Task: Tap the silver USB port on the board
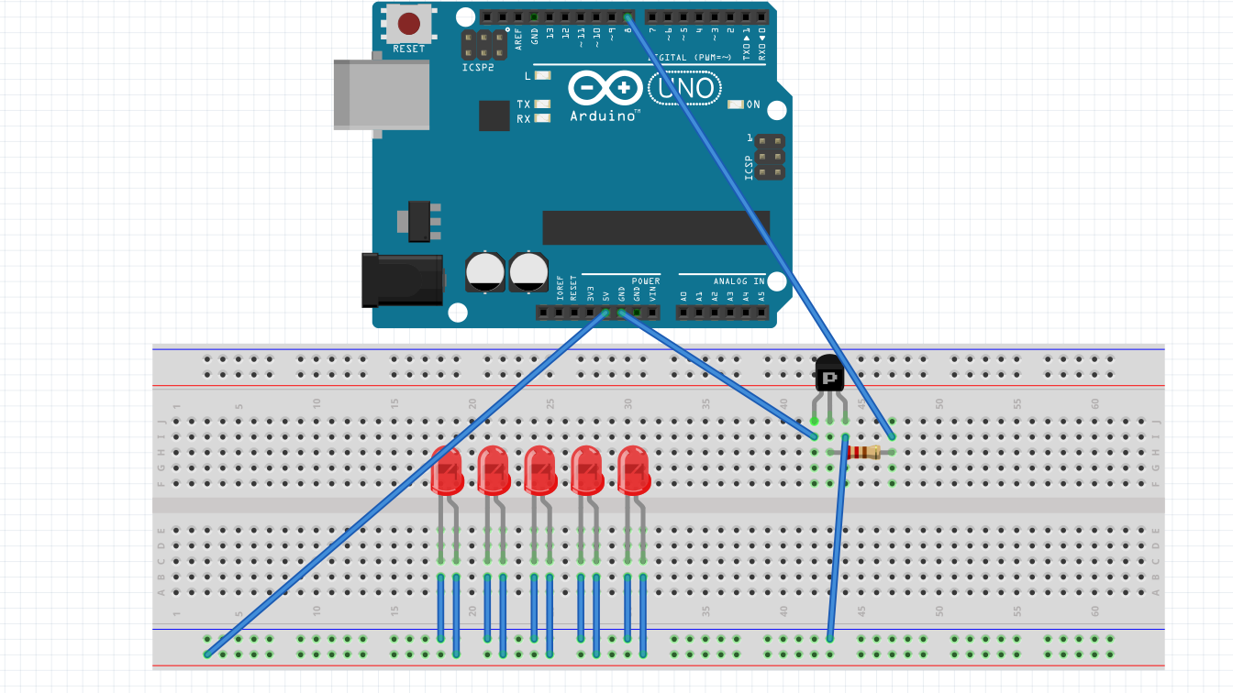tap(382, 94)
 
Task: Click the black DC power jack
tap(404, 280)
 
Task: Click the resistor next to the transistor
tap(861, 451)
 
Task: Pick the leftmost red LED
tap(447, 470)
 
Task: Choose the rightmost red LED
tap(634, 470)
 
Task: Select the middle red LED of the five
tap(540, 470)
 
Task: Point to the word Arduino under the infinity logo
tap(604, 116)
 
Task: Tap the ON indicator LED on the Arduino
tap(735, 104)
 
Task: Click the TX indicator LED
tap(543, 104)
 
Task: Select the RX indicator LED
tap(543, 118)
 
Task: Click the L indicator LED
tap(542, 75)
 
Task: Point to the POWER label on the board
tap(646, 280)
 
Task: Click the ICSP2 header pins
tap(483, 44)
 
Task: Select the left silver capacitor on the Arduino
tap(484, 272)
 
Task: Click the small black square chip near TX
tap(494, 115)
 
